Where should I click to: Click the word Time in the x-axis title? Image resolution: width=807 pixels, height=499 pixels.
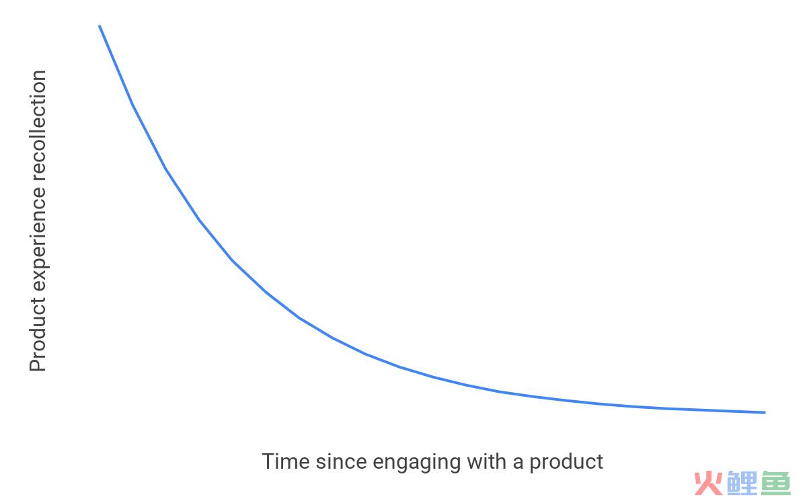pos(286,461)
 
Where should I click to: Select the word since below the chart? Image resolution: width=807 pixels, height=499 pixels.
pos(342,461)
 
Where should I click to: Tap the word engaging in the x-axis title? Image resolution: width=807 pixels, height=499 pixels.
pos(417,463)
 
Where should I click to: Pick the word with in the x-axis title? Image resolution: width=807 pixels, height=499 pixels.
pos(487,461)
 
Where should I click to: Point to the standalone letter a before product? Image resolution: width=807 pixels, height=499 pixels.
pos(518,463)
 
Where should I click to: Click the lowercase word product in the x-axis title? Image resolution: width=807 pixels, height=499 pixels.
pos(566,463)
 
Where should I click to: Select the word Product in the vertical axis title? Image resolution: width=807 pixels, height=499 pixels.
pos(38,334)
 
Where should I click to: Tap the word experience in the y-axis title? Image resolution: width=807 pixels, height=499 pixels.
pos(39,239)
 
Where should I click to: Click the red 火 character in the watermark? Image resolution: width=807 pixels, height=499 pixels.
pos(708,483)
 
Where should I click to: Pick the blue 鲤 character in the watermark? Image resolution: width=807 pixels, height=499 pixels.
pos(742,483)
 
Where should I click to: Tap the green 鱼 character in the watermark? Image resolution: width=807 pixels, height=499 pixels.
pos(776,483)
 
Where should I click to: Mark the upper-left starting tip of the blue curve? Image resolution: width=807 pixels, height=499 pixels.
pos(100,26)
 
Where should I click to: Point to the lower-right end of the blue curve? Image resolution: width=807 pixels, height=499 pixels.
pos(765,412)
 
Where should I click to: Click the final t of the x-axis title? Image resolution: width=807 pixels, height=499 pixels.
pos(600,463)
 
